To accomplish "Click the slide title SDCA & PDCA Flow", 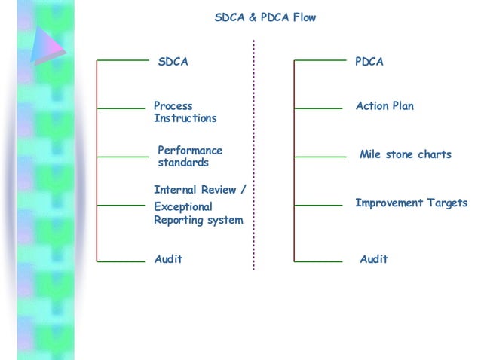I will point(265,17).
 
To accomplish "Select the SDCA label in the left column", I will point(173,62).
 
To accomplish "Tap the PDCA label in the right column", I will point(369,62).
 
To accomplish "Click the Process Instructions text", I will point(185,112).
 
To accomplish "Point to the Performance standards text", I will point(189,157).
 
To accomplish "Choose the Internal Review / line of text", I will point(200,190).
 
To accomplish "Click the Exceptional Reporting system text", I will point(198,213).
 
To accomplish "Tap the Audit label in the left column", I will point(168,259).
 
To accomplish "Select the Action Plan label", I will point(384,106).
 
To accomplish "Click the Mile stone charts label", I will point(405,154).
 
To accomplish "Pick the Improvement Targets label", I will point(411,203).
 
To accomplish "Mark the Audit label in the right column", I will point(373,259).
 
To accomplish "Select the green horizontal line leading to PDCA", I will point(317,59).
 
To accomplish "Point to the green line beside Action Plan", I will point(317,108).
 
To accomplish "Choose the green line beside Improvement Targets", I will point(317,205).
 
